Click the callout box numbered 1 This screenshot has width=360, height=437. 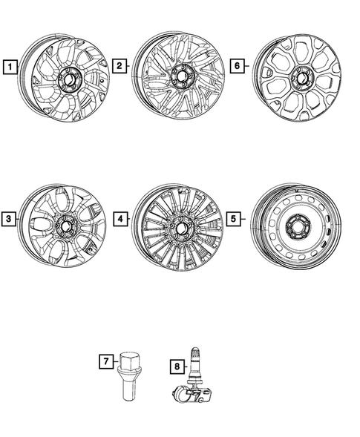tap(9, 69)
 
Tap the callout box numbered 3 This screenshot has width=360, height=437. tap(9, 220)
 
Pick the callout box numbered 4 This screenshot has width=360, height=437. tap(120, 220)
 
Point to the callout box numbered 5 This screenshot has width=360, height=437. tap(233, 220)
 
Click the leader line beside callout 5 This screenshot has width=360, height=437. tap(244, 220)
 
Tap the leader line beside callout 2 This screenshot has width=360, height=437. tap(129, 68)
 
